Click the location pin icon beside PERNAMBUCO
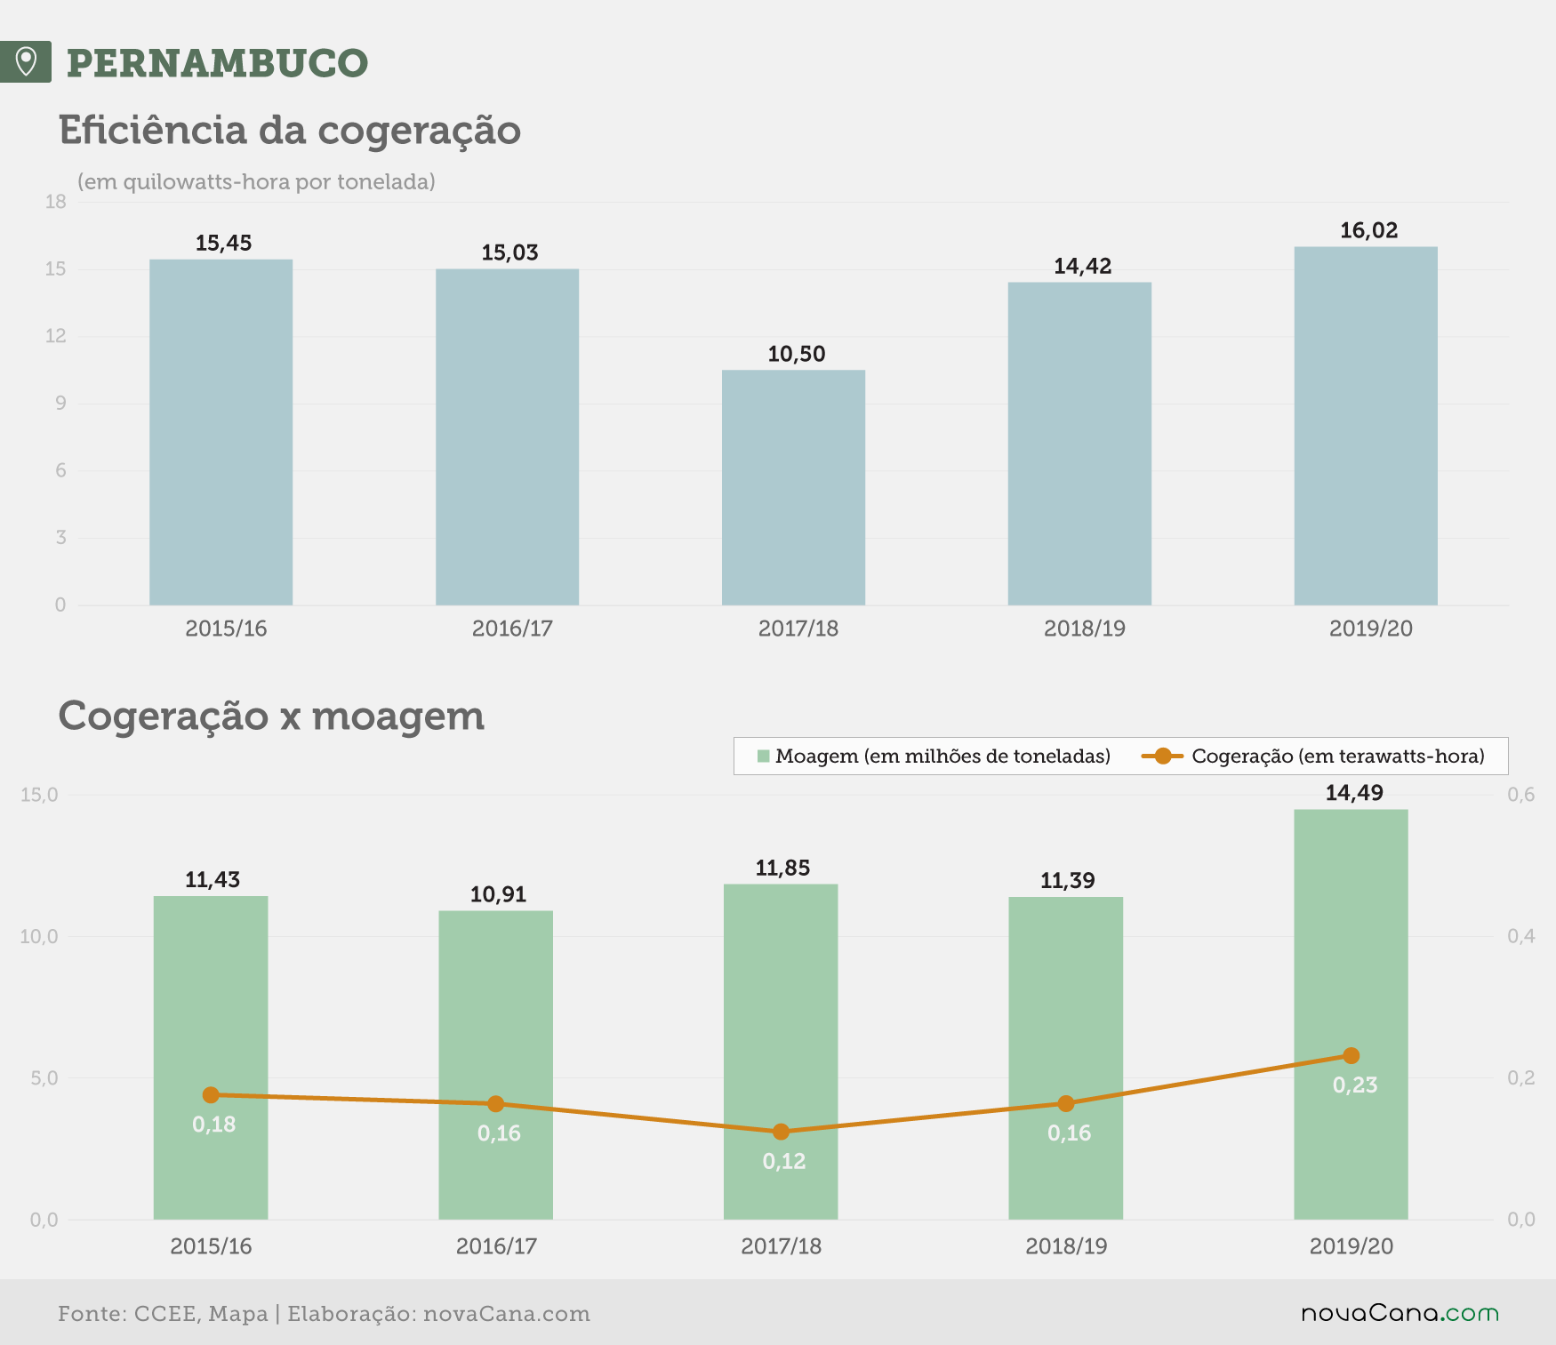tap(26, 61)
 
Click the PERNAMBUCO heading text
tap(217, 63)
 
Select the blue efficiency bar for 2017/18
tap(793, 487)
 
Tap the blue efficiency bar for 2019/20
tap(1366, 426)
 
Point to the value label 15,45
tap(223, 243)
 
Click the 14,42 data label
tap(1082, 266)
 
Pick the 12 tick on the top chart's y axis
tap(56, 336)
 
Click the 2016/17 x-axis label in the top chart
tap(512, 628)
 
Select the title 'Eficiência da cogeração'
tap(290, 130)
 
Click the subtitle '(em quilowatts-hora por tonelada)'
tap(256, 182)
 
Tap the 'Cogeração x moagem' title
tap(271, 717)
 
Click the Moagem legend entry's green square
tap(763, 757)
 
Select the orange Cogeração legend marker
tap(1162, 757)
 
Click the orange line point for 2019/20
tap(1351, 1055)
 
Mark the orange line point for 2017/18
tap(781, 1132)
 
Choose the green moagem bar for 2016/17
tap(495, 1065)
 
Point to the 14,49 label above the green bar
tap(1354, 793)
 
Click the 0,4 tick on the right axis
tap(1521, 936)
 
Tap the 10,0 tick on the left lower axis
tap(39, 936)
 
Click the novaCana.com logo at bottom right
tap(1400, 1313)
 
